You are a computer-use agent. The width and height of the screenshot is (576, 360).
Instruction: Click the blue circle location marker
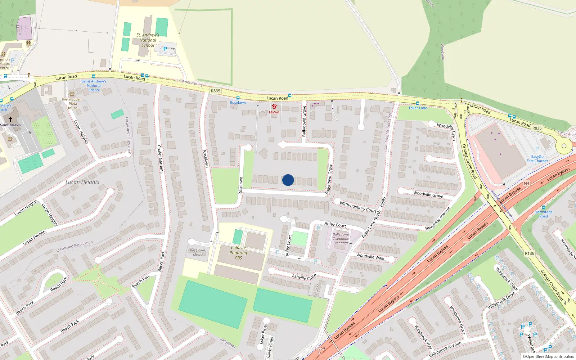click(288, 180)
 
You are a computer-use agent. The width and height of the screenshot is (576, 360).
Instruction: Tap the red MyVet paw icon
click(274, 107)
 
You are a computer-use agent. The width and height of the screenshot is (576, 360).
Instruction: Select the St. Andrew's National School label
click(148, 40)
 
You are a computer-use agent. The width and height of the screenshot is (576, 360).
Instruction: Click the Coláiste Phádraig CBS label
click(238, 253)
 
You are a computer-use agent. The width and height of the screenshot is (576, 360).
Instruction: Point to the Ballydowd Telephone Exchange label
click(341, 239)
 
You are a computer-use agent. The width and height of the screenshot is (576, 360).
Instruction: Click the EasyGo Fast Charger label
click(537, 159)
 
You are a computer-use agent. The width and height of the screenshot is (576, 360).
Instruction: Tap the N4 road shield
click(526, 183)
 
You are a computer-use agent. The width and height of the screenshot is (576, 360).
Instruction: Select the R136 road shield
click(529, 253)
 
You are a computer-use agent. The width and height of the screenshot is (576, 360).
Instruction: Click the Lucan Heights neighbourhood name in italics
click(82, 182)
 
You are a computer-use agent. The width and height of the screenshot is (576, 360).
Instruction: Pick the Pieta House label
click(72, 104)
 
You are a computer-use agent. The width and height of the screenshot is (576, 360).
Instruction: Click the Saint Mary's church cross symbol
click(10, 119)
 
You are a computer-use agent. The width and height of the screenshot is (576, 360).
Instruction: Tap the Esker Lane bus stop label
click(418, 108)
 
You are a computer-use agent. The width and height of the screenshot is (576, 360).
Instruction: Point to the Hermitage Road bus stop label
click(544, 214)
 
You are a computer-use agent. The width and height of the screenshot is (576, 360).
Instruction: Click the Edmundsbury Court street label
click(358, 207)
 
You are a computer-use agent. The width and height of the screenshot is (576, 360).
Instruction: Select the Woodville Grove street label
click(428, 194)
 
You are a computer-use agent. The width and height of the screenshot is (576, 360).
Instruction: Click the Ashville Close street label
click(304, 277)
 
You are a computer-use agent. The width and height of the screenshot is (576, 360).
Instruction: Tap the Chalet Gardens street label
click(160, 159)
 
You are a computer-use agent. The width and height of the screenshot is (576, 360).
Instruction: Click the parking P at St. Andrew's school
click(165, 49)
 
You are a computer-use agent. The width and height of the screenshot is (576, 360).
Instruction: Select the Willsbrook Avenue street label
click(445, 349)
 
